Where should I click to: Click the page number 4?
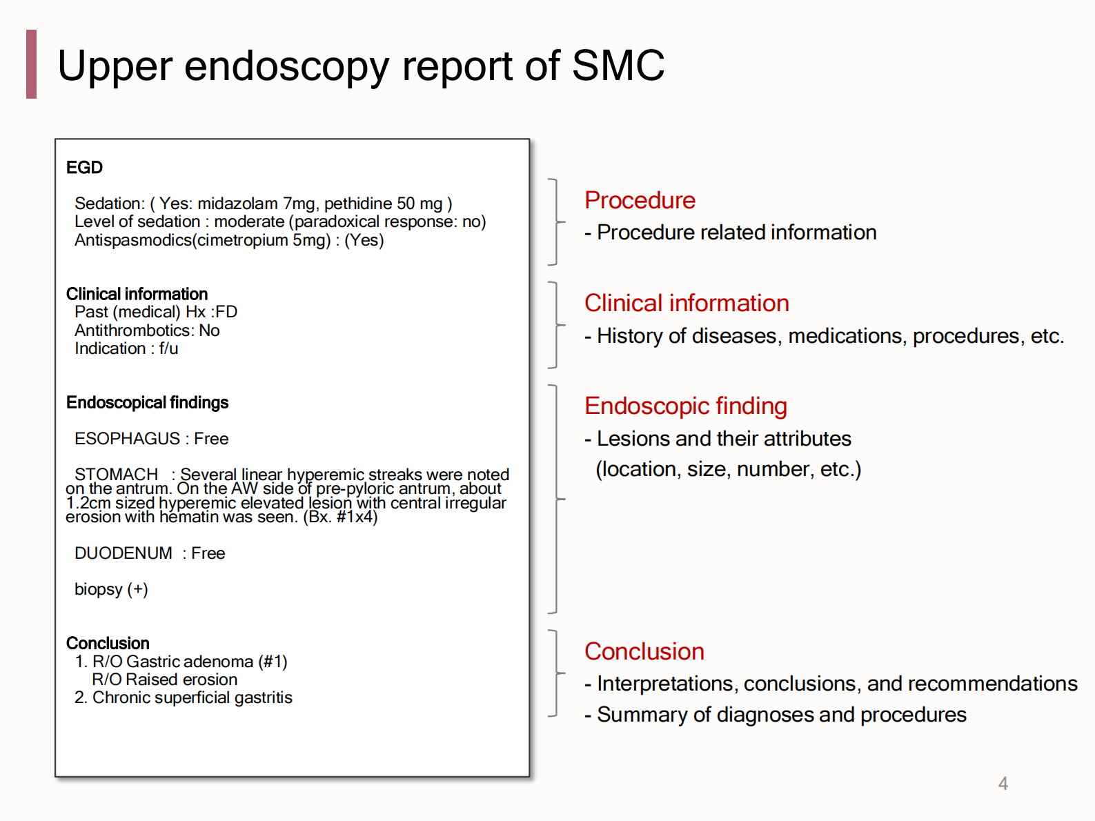tap(1003, 784)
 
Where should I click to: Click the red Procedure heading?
tap(640, 200)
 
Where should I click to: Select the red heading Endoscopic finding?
tap(685, 406)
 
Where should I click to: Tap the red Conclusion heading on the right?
tap(644, 651)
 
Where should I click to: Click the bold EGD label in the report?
tap(84, 168)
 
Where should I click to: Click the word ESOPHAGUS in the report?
tap(127, 439)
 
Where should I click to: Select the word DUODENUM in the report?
tap(124, 553)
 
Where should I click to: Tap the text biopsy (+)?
tap(111, 589)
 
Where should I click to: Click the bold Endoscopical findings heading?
tap(147, 403)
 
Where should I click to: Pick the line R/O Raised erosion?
tap(164, 680)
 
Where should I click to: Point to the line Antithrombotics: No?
tap(147, 330)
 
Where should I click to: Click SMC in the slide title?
tap(618, 66)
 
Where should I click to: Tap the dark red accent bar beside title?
tap(31, 64)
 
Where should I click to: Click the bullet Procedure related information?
tap(736, 233)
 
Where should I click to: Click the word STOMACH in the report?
tap(116, 475)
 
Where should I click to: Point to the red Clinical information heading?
tap(687, 303)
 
